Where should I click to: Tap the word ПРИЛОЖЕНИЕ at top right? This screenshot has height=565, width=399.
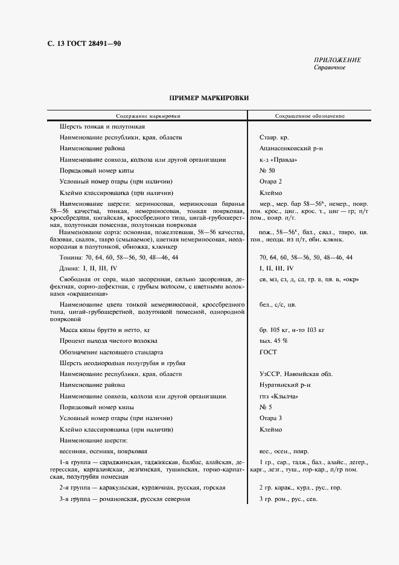(337, 60)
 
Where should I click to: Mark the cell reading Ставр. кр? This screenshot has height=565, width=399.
(273, 138)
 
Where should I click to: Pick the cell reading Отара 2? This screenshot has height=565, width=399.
(270, 182)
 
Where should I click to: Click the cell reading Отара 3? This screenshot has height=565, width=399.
(270, 418)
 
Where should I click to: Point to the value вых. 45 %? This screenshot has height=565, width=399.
(273, 341)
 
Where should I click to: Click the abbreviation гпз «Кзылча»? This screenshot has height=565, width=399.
(278, 397)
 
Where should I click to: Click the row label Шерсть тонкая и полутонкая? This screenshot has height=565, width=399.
(102, 127)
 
